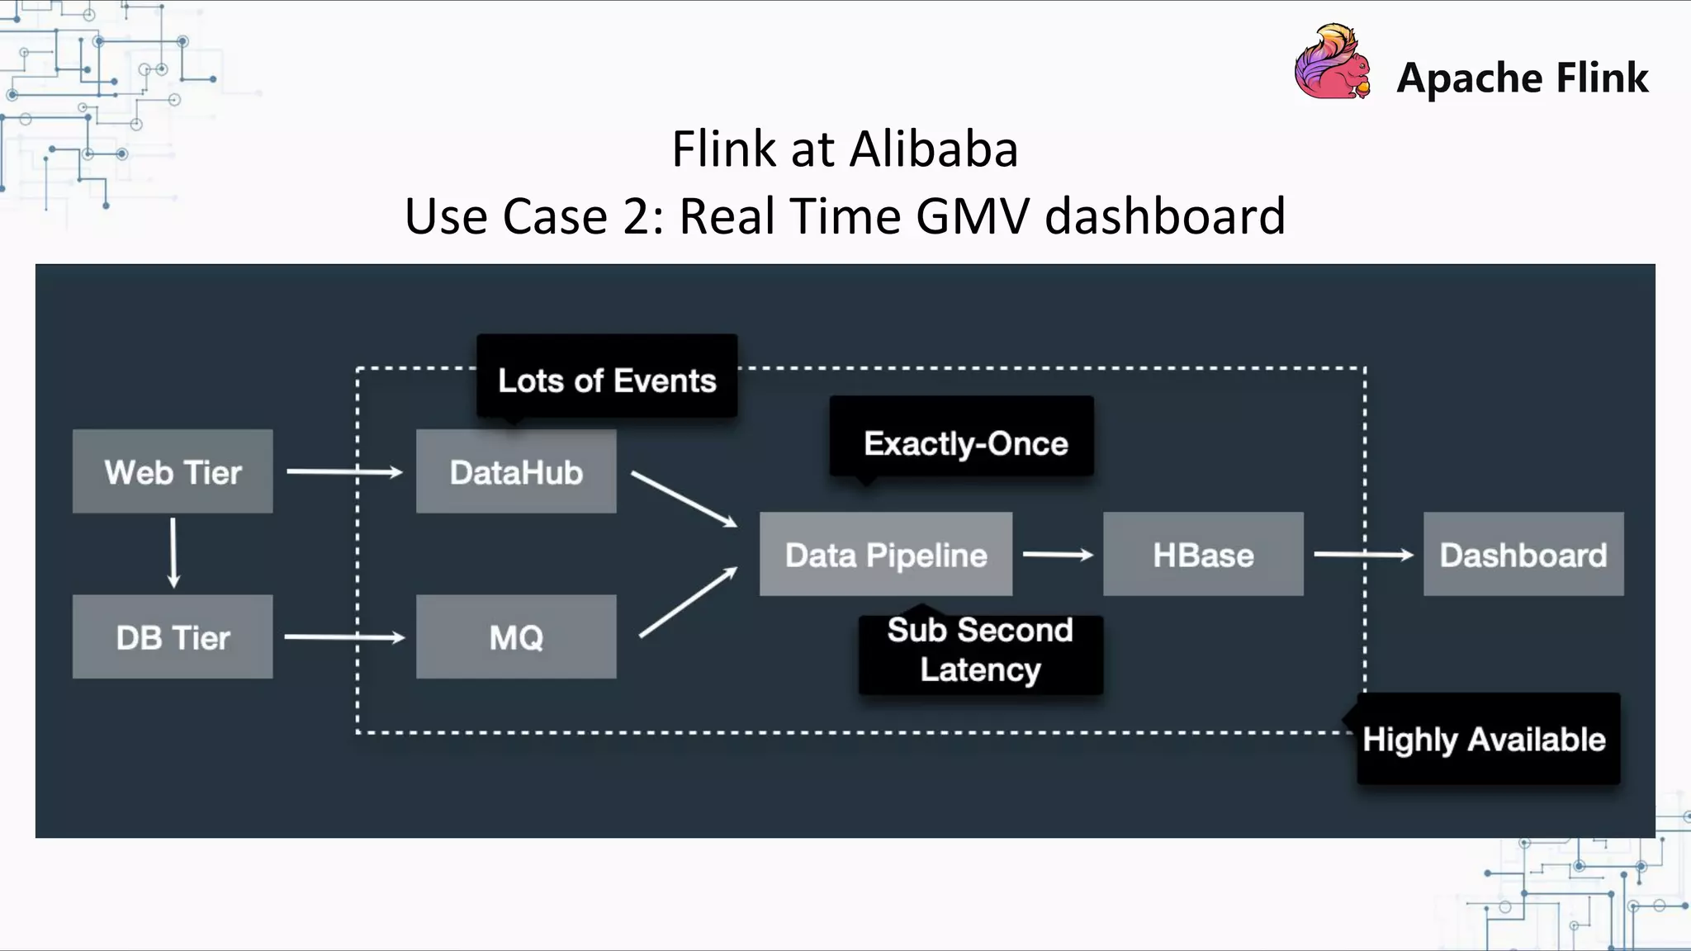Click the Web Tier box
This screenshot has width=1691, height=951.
point(173,471)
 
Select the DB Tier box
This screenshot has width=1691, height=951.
point(173,636)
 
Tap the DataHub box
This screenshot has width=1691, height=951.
point(516,471)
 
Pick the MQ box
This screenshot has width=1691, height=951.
point(516,636)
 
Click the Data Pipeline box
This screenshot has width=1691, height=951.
point(886,554)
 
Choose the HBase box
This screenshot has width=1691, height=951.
point(1203,554)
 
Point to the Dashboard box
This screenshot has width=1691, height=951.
point(1523,554)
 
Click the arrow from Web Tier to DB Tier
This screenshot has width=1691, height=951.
point(173,552)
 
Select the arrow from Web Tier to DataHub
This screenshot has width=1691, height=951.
point(343,472)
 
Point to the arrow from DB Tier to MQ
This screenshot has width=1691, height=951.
point(343,637)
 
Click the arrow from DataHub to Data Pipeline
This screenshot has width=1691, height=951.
point(684,499)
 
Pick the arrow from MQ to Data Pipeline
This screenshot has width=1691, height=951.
point(688,603)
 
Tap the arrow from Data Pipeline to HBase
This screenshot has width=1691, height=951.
point(1058,555)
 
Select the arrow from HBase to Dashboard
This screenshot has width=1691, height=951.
point(1363,555)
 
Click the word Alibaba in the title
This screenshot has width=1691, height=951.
point(933,149)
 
